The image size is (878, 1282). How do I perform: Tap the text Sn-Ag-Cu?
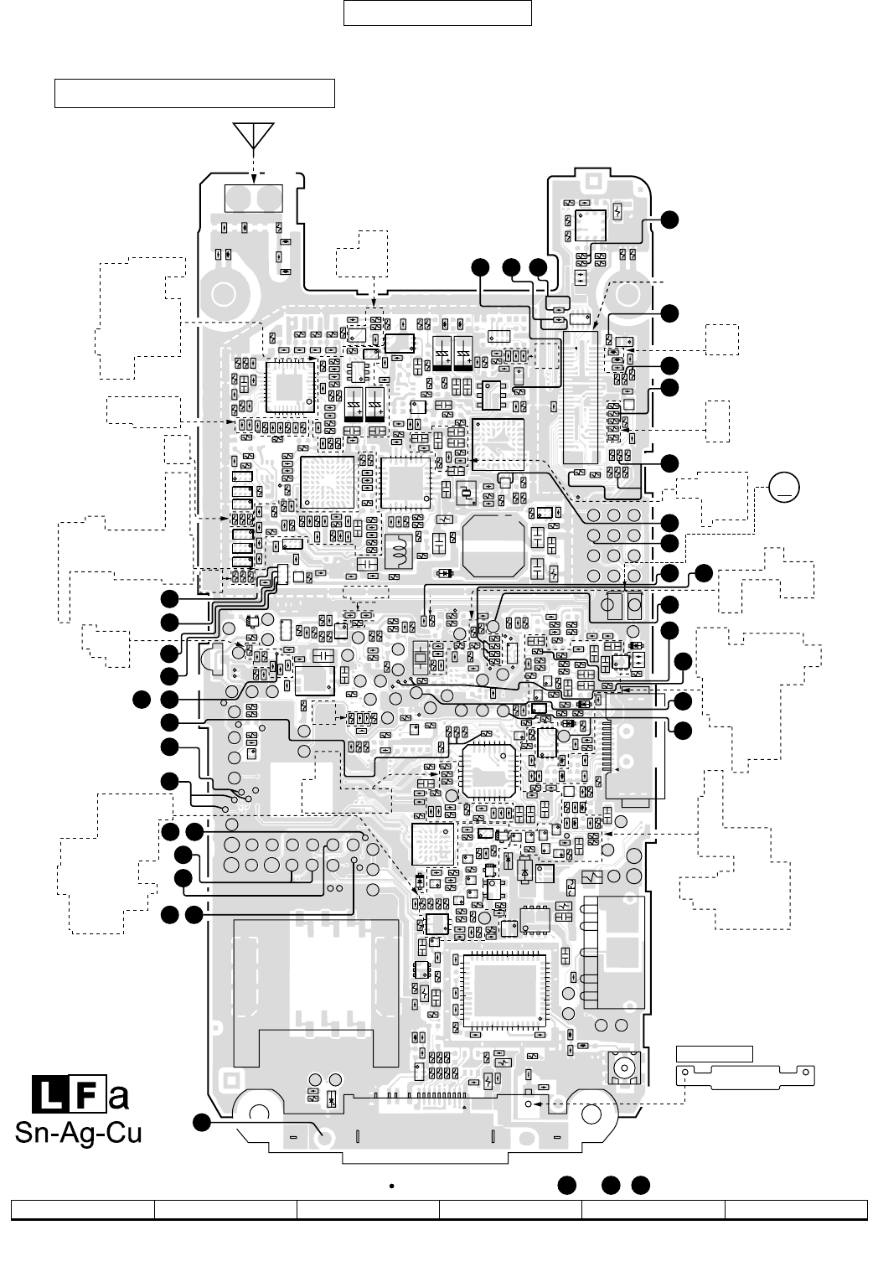[78, 1133]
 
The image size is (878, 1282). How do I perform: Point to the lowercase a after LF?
[119, 1096]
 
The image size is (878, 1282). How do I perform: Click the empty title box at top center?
[437, 13]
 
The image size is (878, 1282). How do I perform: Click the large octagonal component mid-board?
[492, 545]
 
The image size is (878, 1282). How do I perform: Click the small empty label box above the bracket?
[714, 1054]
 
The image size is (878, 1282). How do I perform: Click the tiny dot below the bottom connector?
[390, 1186]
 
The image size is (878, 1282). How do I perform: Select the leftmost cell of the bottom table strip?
[82, 1209]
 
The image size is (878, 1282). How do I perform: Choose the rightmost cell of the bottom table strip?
[796, 1209]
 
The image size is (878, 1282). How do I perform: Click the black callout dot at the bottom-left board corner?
[201, 1123]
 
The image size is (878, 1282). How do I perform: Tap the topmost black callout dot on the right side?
[669, 219]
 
